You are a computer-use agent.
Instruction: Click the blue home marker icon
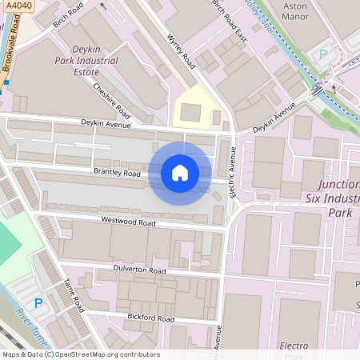(180, 173)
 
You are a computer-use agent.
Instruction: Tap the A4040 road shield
(14, 6)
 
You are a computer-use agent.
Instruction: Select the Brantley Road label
(117, 173)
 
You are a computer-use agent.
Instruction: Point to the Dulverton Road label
(139, 270)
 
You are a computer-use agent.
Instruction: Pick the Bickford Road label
(150, 318)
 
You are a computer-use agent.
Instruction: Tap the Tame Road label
(74, 296)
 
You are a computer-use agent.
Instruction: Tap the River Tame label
(32, 329)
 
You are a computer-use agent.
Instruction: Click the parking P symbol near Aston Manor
(324, 54)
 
